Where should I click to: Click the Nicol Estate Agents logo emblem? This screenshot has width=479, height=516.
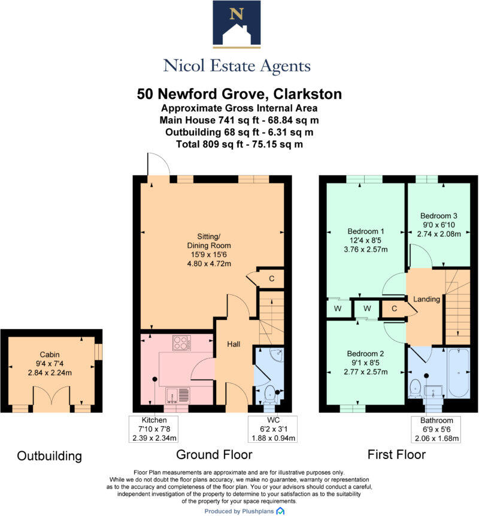pos(237,24)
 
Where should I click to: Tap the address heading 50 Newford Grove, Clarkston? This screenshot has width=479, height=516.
pos(239,94)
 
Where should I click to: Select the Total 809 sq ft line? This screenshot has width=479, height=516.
pos(239,144)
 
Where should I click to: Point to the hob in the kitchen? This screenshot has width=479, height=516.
pos(181,342)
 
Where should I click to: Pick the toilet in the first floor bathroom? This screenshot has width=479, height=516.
pos(414,388)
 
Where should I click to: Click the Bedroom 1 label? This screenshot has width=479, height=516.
pos(365,231)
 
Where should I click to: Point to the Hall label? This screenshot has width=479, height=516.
pos(233,345)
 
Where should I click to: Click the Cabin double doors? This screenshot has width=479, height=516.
pos(47,397)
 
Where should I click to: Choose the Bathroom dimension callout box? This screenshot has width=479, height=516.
pos(439,429)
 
